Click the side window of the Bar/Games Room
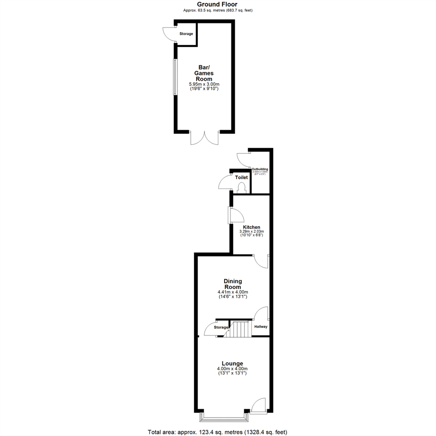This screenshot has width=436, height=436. [x=175, y=77]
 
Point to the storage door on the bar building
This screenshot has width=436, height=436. [x=169, y=34]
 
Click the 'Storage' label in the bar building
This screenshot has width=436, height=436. [x=186, y=34]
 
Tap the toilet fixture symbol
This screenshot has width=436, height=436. [x=242, y=188]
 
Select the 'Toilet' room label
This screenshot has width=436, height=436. [x=241, y=177]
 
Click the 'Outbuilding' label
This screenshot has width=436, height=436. [x=260, y=169]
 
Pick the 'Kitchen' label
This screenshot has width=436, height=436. [x=251, y=227]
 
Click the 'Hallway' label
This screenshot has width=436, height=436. [x=261, y=327]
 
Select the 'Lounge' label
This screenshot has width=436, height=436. [x=232, y=363]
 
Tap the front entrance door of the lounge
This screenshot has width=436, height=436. [x=258, y=406]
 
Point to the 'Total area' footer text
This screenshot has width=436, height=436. [x=218, y=432]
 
